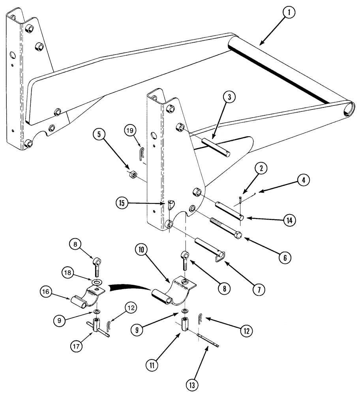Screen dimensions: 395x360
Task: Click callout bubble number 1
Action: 289,13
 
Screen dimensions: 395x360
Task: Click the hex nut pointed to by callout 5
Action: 133,174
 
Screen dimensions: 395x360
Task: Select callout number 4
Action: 303,180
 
